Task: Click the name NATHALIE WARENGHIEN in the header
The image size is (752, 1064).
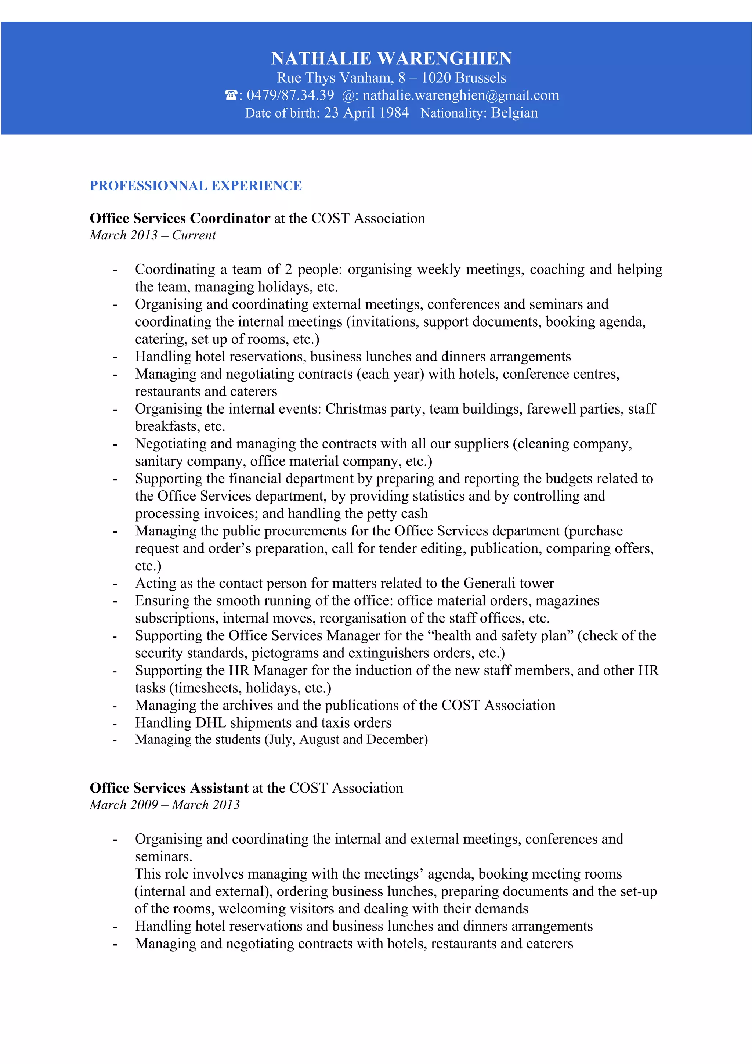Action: tap(391, 58)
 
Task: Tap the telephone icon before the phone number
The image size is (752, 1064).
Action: tap(230, 95)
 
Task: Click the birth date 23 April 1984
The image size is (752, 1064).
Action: tap(366, 113)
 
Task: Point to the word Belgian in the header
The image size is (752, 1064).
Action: tap(514, 113)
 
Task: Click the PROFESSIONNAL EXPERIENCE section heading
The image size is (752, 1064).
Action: tap(196, 186)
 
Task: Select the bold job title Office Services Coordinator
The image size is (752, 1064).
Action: tap(180, 218)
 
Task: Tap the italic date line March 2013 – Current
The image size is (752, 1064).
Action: tap(152, 235)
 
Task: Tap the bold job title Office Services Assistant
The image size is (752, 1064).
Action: tap(169, 788)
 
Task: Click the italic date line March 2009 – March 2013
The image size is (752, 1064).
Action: tap(164, 805)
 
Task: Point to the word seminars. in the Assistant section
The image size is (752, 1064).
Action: tap(163, 857)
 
